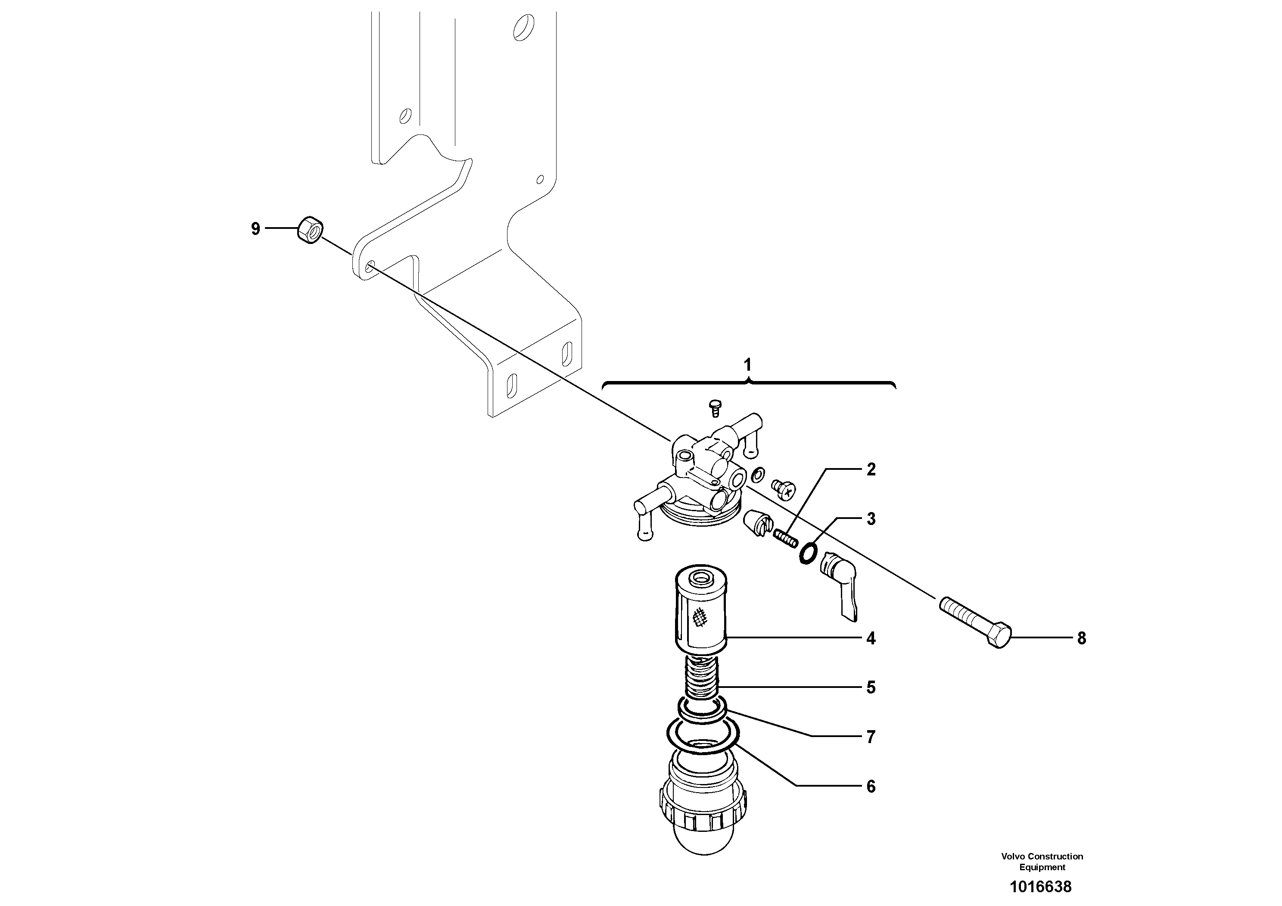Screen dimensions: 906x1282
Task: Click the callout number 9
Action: tap(255, 229)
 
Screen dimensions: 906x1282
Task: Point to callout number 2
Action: tap(871, 470)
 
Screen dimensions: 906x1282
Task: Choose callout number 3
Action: tap(871, 519)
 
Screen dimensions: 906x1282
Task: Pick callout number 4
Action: tap(871, 638)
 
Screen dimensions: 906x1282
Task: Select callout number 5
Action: tap(871, 687)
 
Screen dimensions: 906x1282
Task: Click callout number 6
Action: tap(871, 787)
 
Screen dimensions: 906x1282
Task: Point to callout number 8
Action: tap(1082, 638)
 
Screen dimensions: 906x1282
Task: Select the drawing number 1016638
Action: tap(1040, 887)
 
